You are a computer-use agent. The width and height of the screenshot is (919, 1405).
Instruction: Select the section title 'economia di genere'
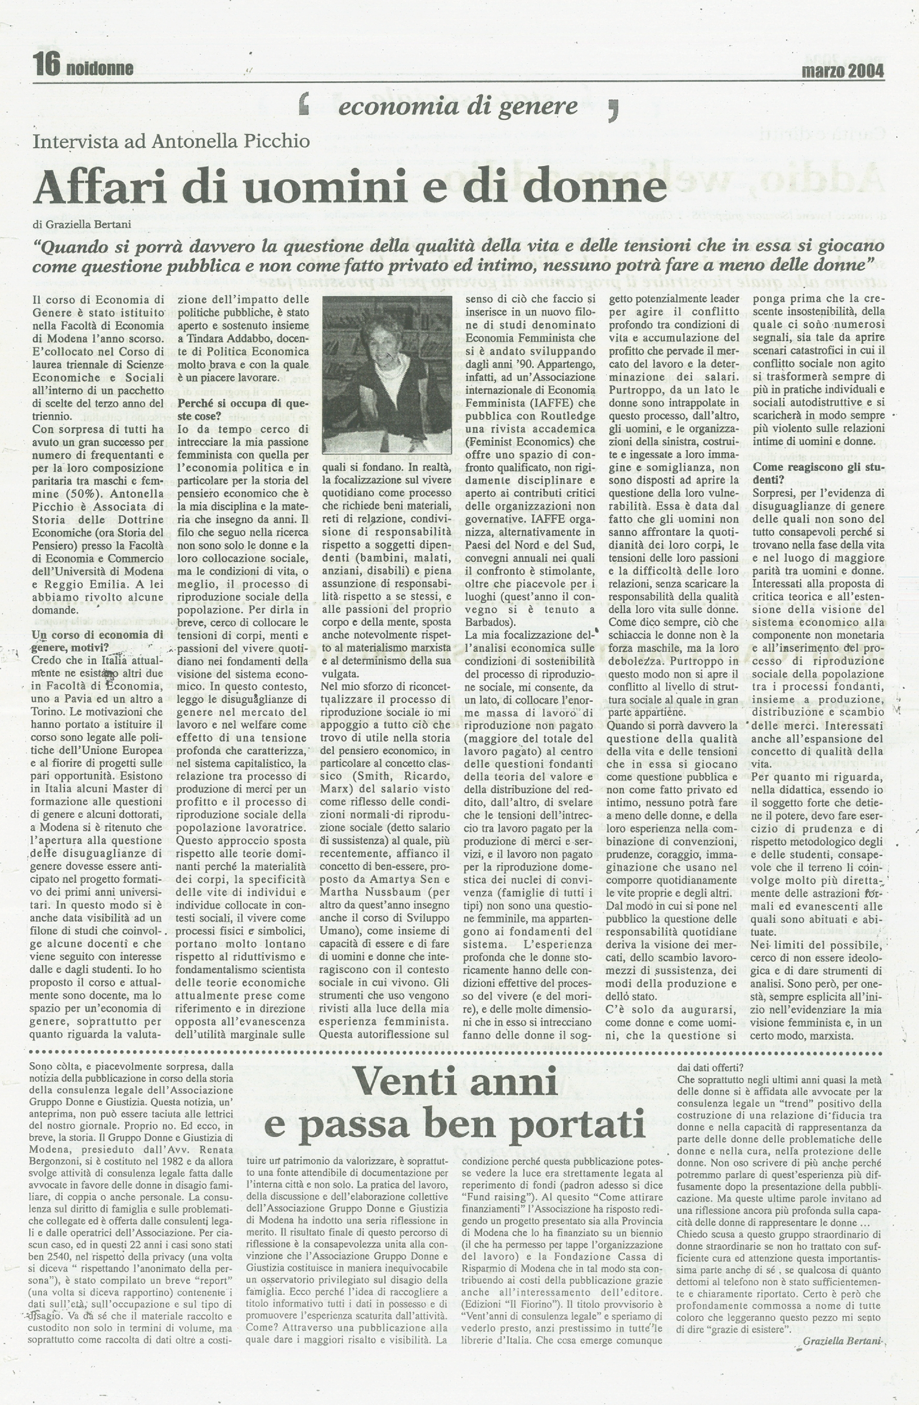(458, 106)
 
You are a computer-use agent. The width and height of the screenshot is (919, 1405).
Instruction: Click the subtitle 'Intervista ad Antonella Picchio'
(171, 142)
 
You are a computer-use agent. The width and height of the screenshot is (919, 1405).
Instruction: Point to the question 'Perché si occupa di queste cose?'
(243, 410)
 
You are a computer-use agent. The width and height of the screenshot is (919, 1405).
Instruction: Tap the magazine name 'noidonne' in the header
(100, 69)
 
